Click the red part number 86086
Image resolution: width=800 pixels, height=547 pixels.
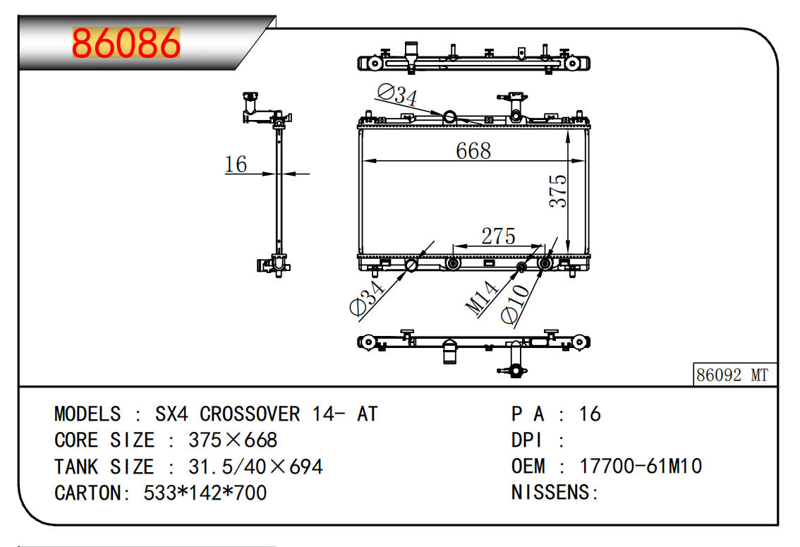tap(126, 43)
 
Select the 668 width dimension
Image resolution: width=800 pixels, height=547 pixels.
tap(473, 150)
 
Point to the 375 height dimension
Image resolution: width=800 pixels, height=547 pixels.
tap(558, 191)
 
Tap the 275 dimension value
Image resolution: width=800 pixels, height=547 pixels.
tap(498, 236)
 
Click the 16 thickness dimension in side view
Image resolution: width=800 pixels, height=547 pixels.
tap(236, 164)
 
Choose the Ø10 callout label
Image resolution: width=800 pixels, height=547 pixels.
tap(515, 304)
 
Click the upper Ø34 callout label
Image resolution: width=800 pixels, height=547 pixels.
tap(396, 95)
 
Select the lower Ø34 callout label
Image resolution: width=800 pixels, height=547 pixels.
tap(366, 299)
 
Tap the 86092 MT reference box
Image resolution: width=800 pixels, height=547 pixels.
tap(732, 375)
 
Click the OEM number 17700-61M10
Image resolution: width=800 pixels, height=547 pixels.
tap(640, 466)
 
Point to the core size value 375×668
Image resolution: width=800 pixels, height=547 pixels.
tap(233, 440)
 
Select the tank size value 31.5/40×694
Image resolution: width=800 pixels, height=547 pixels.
tap(255, 467)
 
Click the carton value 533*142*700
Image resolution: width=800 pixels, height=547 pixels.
tap(205, 493)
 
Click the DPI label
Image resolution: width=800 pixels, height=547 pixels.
tap(527, 440)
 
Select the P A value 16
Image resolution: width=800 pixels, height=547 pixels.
tap(590, 414)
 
